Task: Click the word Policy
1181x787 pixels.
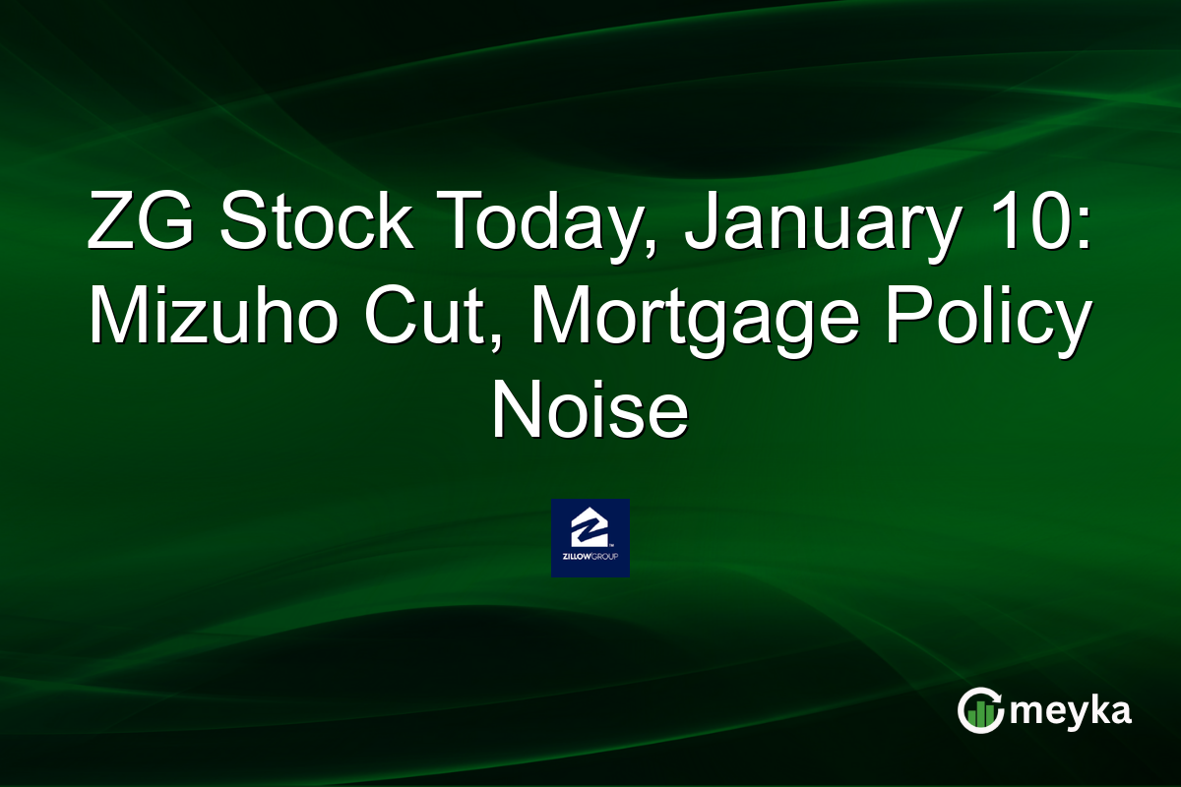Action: [x=991, y=317]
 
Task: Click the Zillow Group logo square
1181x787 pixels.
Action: [x=590, y=538]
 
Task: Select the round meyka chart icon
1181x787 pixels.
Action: [x=980, y=710]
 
